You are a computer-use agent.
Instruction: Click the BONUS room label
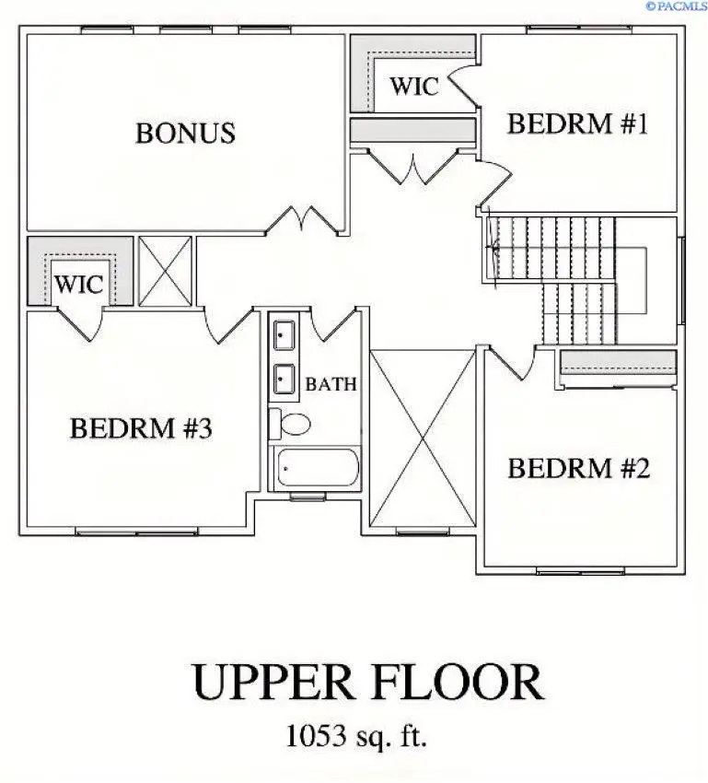click(185, 134)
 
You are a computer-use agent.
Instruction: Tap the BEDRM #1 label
click(577, 124)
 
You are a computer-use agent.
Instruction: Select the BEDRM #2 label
click(579, 469)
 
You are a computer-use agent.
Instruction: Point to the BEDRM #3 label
click(141, 428)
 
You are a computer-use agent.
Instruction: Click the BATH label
click(331, 384)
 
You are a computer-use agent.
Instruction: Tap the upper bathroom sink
click(283, 334)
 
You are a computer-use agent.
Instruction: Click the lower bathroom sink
click(283, 379)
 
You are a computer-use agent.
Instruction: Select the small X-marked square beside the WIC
click(165, 271)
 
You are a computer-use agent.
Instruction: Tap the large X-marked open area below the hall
click(423, 438)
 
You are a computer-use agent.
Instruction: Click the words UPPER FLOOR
click(366, 684)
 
